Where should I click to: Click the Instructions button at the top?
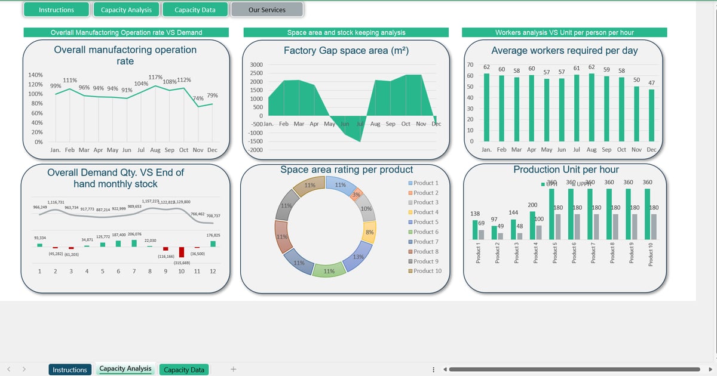pyautogui.click(x=56, y=10)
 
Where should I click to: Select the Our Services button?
pyautogui.click(x=267, y=10)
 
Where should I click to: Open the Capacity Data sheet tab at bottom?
pyautogui.click(x=184, y=370)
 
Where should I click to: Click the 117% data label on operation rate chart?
pyautogui.click(x=155, y=77)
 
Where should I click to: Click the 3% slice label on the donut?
pyautogui.click(x=356, y=195)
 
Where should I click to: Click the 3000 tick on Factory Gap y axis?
pyautogui.click(x=256, y=64)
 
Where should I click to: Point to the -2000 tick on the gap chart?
pyautogui.click(x=256, y=149)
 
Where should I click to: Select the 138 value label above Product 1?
pyautogui.click(x=476, y=214)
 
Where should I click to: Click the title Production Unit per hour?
pyautogui.click(x=566, y=169)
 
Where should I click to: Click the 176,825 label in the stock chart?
pyautogui.click(x=213, y=235)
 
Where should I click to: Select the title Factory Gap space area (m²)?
pyautogui.click(x=346, y=51)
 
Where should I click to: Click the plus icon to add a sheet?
pyautogui.click(x=233, y=369)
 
